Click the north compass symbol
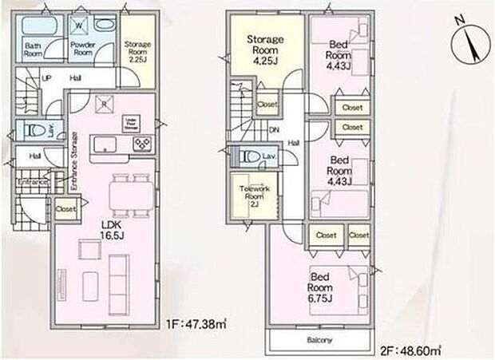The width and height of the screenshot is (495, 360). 466,44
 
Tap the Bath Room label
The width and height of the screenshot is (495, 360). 33,50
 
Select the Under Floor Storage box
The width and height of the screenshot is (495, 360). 132,123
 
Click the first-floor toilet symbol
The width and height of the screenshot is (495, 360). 33,130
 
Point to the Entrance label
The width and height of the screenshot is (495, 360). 34,183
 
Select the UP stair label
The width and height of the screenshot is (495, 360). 46,78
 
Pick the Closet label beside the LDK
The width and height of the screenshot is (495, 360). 66,209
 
